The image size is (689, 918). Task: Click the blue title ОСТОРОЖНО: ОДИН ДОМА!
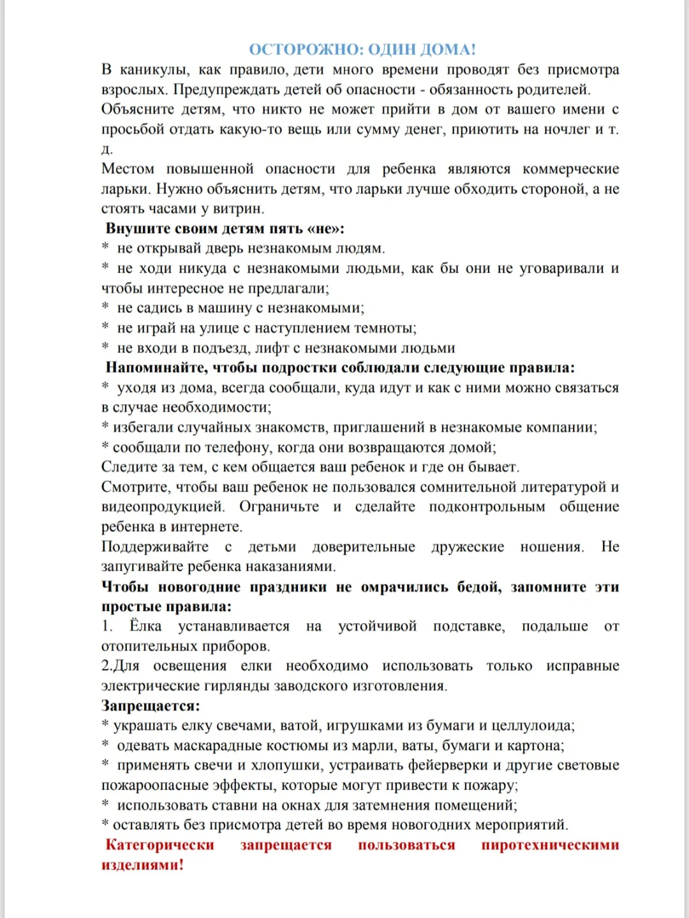[x=362, y=50]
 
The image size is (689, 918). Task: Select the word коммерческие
[x=570, y=169]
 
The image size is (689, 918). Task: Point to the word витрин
[x=239, y=209]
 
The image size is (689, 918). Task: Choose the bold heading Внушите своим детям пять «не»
[x=225, y=229]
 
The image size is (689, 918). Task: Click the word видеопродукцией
[x=163, y=507]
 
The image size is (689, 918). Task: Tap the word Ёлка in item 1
[x=145, y=626]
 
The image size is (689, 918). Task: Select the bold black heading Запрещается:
[x=151, y=706]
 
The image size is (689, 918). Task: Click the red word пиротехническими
[x=550, y=845]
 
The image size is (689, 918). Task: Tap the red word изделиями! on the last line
[x=142, y=865]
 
